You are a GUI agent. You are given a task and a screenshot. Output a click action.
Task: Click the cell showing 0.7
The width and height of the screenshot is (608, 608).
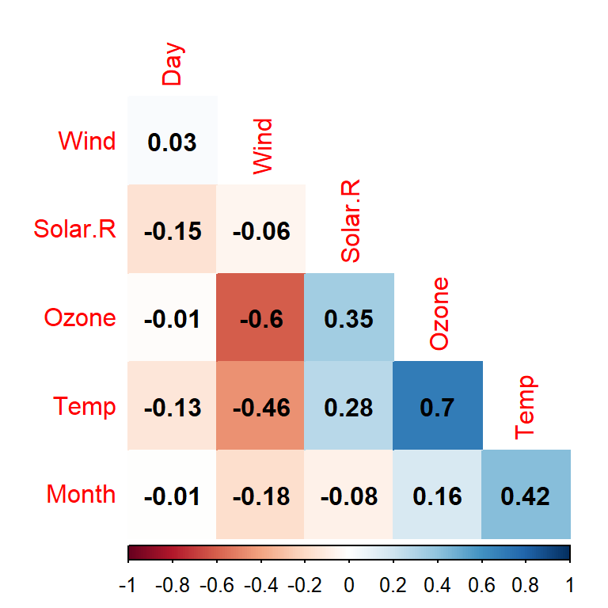[x=438, y=407]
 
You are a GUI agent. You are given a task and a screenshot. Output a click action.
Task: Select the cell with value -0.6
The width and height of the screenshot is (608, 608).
[x=260, y=318]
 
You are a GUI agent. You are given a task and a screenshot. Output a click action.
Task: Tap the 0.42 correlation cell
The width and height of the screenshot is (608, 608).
[x=526, y=496]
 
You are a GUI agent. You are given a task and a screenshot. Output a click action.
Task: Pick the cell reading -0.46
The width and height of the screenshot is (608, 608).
[x=260, y=407]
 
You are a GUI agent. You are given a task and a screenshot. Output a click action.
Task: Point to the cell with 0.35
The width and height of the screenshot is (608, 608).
[x=349, y=318]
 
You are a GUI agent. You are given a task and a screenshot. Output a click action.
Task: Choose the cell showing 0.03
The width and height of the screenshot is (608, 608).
[x=172, y=142]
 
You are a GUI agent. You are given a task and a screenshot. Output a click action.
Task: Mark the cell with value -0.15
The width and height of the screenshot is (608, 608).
[x=172, y=230]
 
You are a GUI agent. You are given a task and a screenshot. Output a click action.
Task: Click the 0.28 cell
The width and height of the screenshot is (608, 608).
[x=349, y=407]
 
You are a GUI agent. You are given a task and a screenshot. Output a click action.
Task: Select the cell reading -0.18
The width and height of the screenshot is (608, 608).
[x=260, y=496]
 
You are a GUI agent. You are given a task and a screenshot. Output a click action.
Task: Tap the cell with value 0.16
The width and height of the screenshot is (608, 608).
[x=438, y=496]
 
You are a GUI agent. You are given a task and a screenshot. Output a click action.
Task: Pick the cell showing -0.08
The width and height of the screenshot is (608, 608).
[x=349, y=496]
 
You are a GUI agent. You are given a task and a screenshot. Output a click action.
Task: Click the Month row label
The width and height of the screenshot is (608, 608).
[x=81, y=495]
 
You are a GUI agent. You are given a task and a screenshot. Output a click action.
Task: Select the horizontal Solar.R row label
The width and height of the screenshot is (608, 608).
[x=74, y=230]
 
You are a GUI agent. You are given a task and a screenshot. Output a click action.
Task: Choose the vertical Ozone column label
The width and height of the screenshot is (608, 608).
[x=439, y=314]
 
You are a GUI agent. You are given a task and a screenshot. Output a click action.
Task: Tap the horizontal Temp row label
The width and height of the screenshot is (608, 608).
[x=85, y=407]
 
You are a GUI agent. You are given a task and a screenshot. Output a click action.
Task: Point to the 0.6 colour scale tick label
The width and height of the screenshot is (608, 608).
[x=481, y=587]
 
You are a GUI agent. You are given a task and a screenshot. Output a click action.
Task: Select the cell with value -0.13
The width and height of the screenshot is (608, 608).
[x=172, y=407]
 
